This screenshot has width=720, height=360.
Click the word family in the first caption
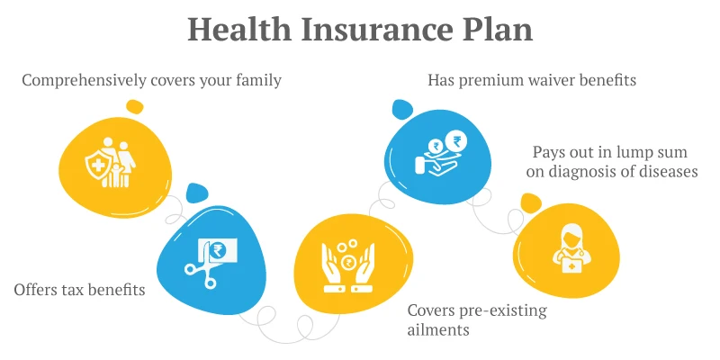[x=259, y=81]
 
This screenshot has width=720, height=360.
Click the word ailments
[x=438, y=330]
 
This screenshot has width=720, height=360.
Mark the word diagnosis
[x=588, y=172]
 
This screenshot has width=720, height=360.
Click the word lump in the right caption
[x=634, y=151]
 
